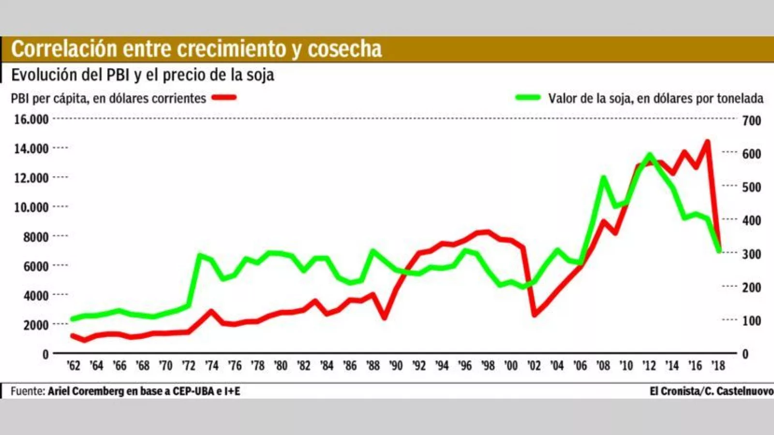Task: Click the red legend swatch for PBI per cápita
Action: (x=223, y=98)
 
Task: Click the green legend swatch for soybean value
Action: (x=528, y=98)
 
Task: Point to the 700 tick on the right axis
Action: (x=751, y=120)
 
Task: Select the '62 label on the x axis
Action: (x=74, y=366)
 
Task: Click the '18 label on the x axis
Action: (x=718, y=366)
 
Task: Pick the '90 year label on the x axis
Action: (x=396, y=366)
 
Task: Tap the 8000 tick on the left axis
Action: (x=36, y=237)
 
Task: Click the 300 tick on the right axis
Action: (x=751, y=254)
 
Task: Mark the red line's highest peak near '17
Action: (x=707, y=142)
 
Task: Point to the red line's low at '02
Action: (x=535, y=315)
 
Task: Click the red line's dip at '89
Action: (x=385, y=318)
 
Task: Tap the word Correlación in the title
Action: (x=64, y=49)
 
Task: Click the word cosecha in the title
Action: (x=345, y=49)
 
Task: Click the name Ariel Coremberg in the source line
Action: (x=86, y=391)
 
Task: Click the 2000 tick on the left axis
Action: (x=36, y=325)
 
